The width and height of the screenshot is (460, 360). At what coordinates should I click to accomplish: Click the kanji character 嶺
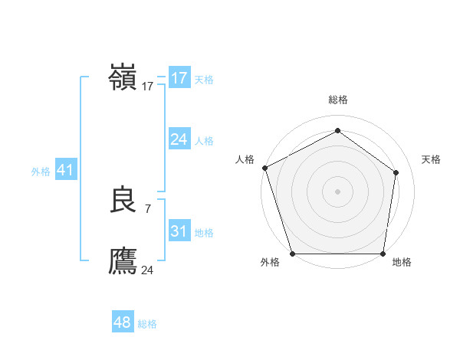pos(123,78)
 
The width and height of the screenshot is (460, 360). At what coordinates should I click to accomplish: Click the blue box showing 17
pos(179,78)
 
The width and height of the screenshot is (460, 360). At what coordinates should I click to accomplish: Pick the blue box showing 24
pos(179,139)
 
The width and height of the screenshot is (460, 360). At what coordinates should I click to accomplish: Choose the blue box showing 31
pos(179,231)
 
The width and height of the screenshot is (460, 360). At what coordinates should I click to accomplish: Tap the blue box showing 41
pos(65,170)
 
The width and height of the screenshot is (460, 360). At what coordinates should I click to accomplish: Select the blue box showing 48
pos(123,322)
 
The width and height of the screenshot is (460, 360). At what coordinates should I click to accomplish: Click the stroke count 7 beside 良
pos(147,208)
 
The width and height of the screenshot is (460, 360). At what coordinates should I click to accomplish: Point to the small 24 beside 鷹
pos(147,270)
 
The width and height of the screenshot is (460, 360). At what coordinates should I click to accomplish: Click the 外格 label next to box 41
pos(41,172)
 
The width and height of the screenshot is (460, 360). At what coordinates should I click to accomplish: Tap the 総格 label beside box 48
pos(147,324)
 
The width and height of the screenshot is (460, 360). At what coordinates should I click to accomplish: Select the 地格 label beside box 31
pos(204,233)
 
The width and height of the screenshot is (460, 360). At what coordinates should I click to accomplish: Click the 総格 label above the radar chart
pos(338,100)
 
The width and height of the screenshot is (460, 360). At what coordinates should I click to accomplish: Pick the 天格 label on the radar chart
pos(431,159)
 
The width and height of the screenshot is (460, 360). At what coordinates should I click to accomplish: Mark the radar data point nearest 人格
pos(264,168)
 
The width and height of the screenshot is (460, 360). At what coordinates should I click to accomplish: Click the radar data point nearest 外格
pos(292,254)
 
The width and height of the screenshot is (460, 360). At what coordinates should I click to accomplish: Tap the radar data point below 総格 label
pos(337,130)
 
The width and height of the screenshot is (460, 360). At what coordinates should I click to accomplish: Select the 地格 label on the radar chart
pos(402,262)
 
